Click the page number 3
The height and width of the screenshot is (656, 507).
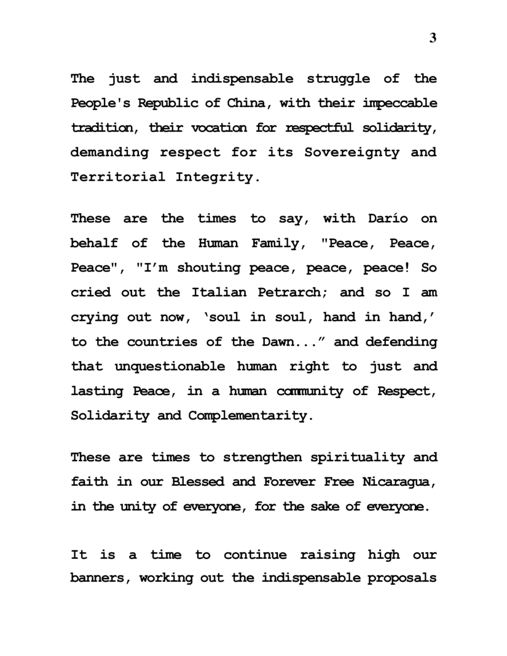tap(433, 38)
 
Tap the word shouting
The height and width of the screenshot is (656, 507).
tap(213, 268)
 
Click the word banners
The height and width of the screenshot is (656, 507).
tap(101, 579)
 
